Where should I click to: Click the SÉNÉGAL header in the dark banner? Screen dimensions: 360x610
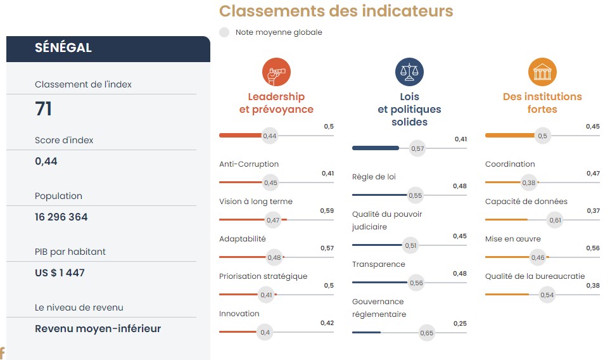[63, 48]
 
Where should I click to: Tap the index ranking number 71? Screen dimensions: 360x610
[44, 109]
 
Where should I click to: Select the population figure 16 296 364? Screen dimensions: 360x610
[61, 217]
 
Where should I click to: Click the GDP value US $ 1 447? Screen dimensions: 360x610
[60, 273]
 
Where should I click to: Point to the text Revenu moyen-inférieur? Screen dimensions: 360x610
[98, 328]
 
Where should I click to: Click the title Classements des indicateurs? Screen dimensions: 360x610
[336, 11]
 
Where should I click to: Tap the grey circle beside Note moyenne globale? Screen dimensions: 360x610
[224, 32]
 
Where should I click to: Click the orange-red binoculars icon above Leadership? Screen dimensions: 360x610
[276, 72]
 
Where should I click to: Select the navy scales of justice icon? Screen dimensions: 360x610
[409, 72]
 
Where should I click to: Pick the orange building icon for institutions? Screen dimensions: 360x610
[542, 72]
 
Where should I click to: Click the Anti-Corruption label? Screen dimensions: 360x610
[249, 164]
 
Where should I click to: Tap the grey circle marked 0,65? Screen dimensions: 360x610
[427, 333]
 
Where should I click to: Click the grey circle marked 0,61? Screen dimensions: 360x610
[555, 220]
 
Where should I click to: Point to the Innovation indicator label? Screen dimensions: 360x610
[239, 314]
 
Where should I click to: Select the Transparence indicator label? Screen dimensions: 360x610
[378, 264]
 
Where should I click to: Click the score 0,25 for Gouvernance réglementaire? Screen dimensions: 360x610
[460, 323]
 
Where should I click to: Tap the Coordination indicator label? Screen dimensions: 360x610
[510, 164]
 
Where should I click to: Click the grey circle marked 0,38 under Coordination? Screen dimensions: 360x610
[529, 183]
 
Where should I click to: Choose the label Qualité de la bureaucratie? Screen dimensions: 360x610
[535, 276]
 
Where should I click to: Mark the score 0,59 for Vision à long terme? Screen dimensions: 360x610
[327, 210]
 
